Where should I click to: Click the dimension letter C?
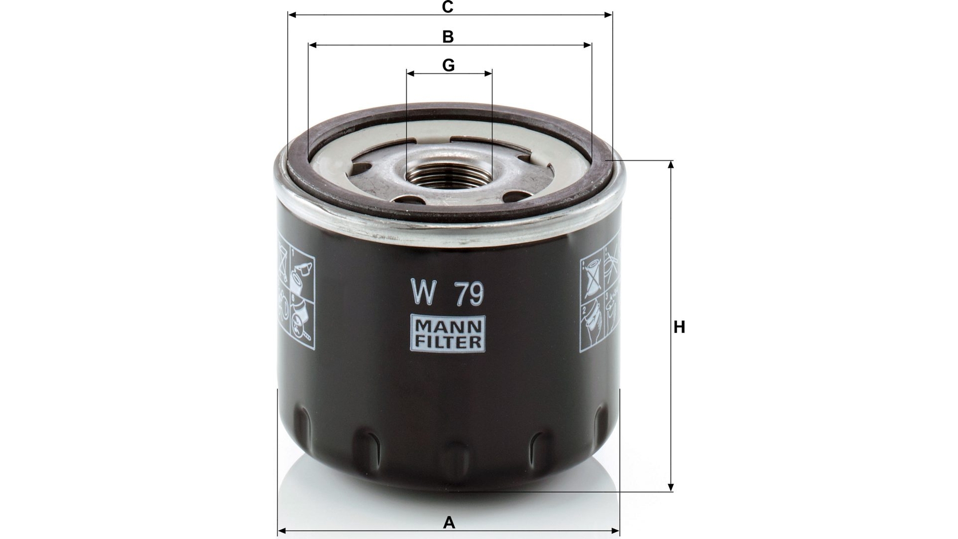(x=448, y=7)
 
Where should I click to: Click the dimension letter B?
(x=448, y=37)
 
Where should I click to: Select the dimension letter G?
(x=449, y=65)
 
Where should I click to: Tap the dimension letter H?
(x=679, y=327)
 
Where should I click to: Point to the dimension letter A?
(x=450, y=523)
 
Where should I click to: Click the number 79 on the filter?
(x=469, y=293)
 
